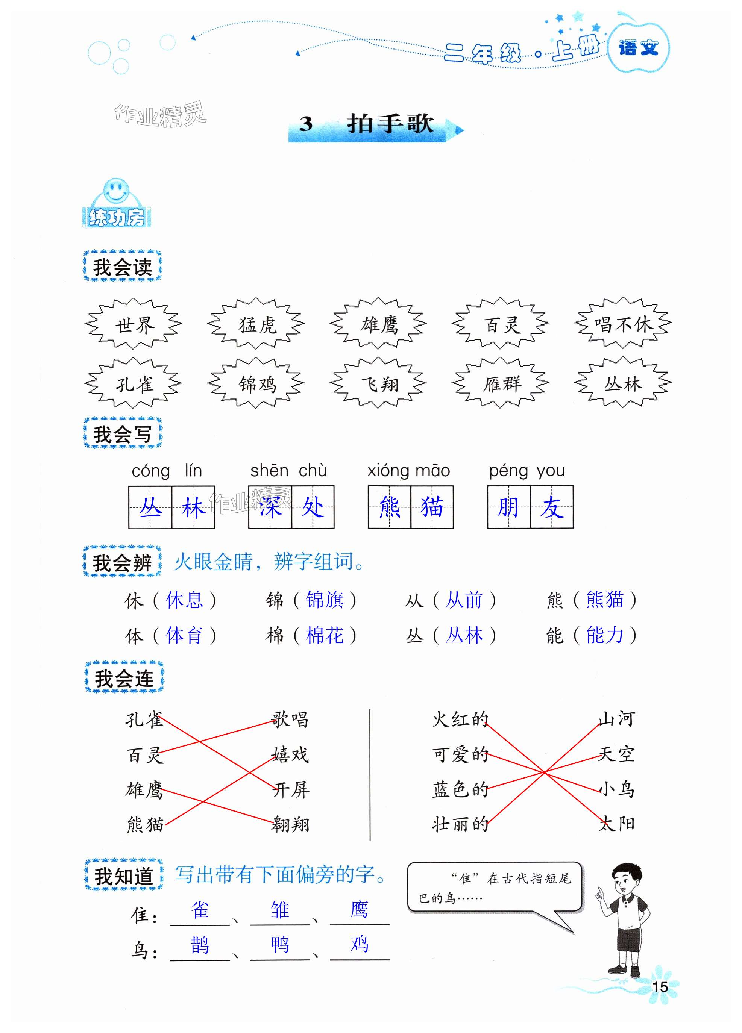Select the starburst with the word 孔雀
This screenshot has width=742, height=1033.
[134, 384]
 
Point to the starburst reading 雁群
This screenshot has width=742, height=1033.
[501, 384]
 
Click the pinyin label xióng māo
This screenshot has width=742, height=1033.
[408, 471]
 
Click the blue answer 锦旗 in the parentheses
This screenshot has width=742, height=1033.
[325, 600]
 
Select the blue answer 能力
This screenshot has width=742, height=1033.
[604, 635]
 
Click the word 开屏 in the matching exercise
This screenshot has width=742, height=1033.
[291, 790]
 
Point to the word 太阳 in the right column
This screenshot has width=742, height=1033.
[617, 823]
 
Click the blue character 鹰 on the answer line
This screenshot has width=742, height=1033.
[359, 910]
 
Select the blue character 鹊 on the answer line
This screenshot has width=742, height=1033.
[200, 945]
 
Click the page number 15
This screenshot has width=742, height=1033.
[660, 986]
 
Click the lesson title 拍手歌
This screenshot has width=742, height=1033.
[390, 124]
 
